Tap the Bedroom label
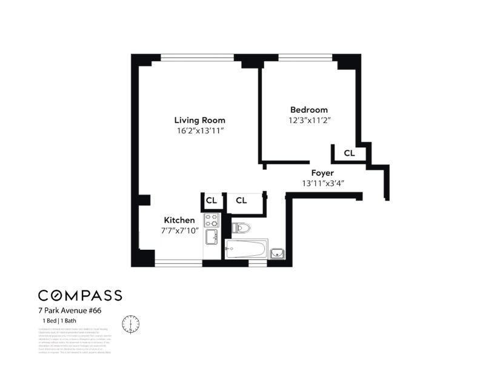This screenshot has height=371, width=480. click(308, 110)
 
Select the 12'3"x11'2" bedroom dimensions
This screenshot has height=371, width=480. click(309, 121)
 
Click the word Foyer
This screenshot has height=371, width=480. click(322, 172)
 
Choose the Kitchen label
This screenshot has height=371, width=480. click(179, 220)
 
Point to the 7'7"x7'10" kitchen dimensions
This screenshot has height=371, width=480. click(179, 231)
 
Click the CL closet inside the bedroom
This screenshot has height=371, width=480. click(349, 153)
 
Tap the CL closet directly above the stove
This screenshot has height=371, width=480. click(211, 200)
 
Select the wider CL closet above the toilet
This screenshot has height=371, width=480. click(241, 200)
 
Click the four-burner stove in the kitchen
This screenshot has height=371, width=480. click(211, 220)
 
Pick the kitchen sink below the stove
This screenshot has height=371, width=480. click(212, 237)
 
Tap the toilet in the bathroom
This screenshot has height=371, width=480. click(241, 229)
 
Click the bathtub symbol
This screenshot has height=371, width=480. click(245, 249)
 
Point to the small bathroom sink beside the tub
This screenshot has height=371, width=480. click(277, 252)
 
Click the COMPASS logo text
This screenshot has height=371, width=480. click(80, 295)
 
